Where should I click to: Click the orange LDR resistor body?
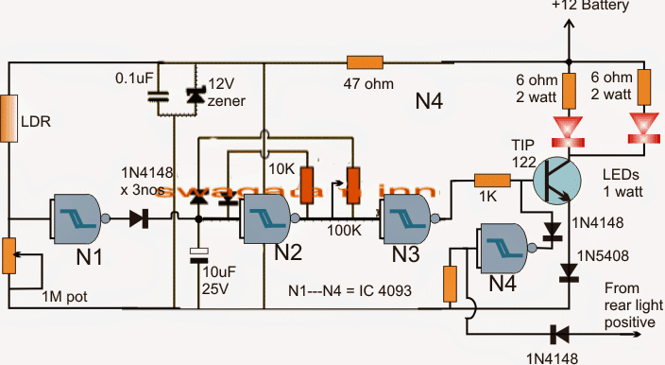coord(9,117)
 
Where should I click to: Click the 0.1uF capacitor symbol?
coord(158,96)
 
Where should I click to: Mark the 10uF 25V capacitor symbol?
coord(197,252)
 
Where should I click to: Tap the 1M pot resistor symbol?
coord(9,253)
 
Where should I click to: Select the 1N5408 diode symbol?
coord(568,272)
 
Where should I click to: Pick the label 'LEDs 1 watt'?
coord(621,183)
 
